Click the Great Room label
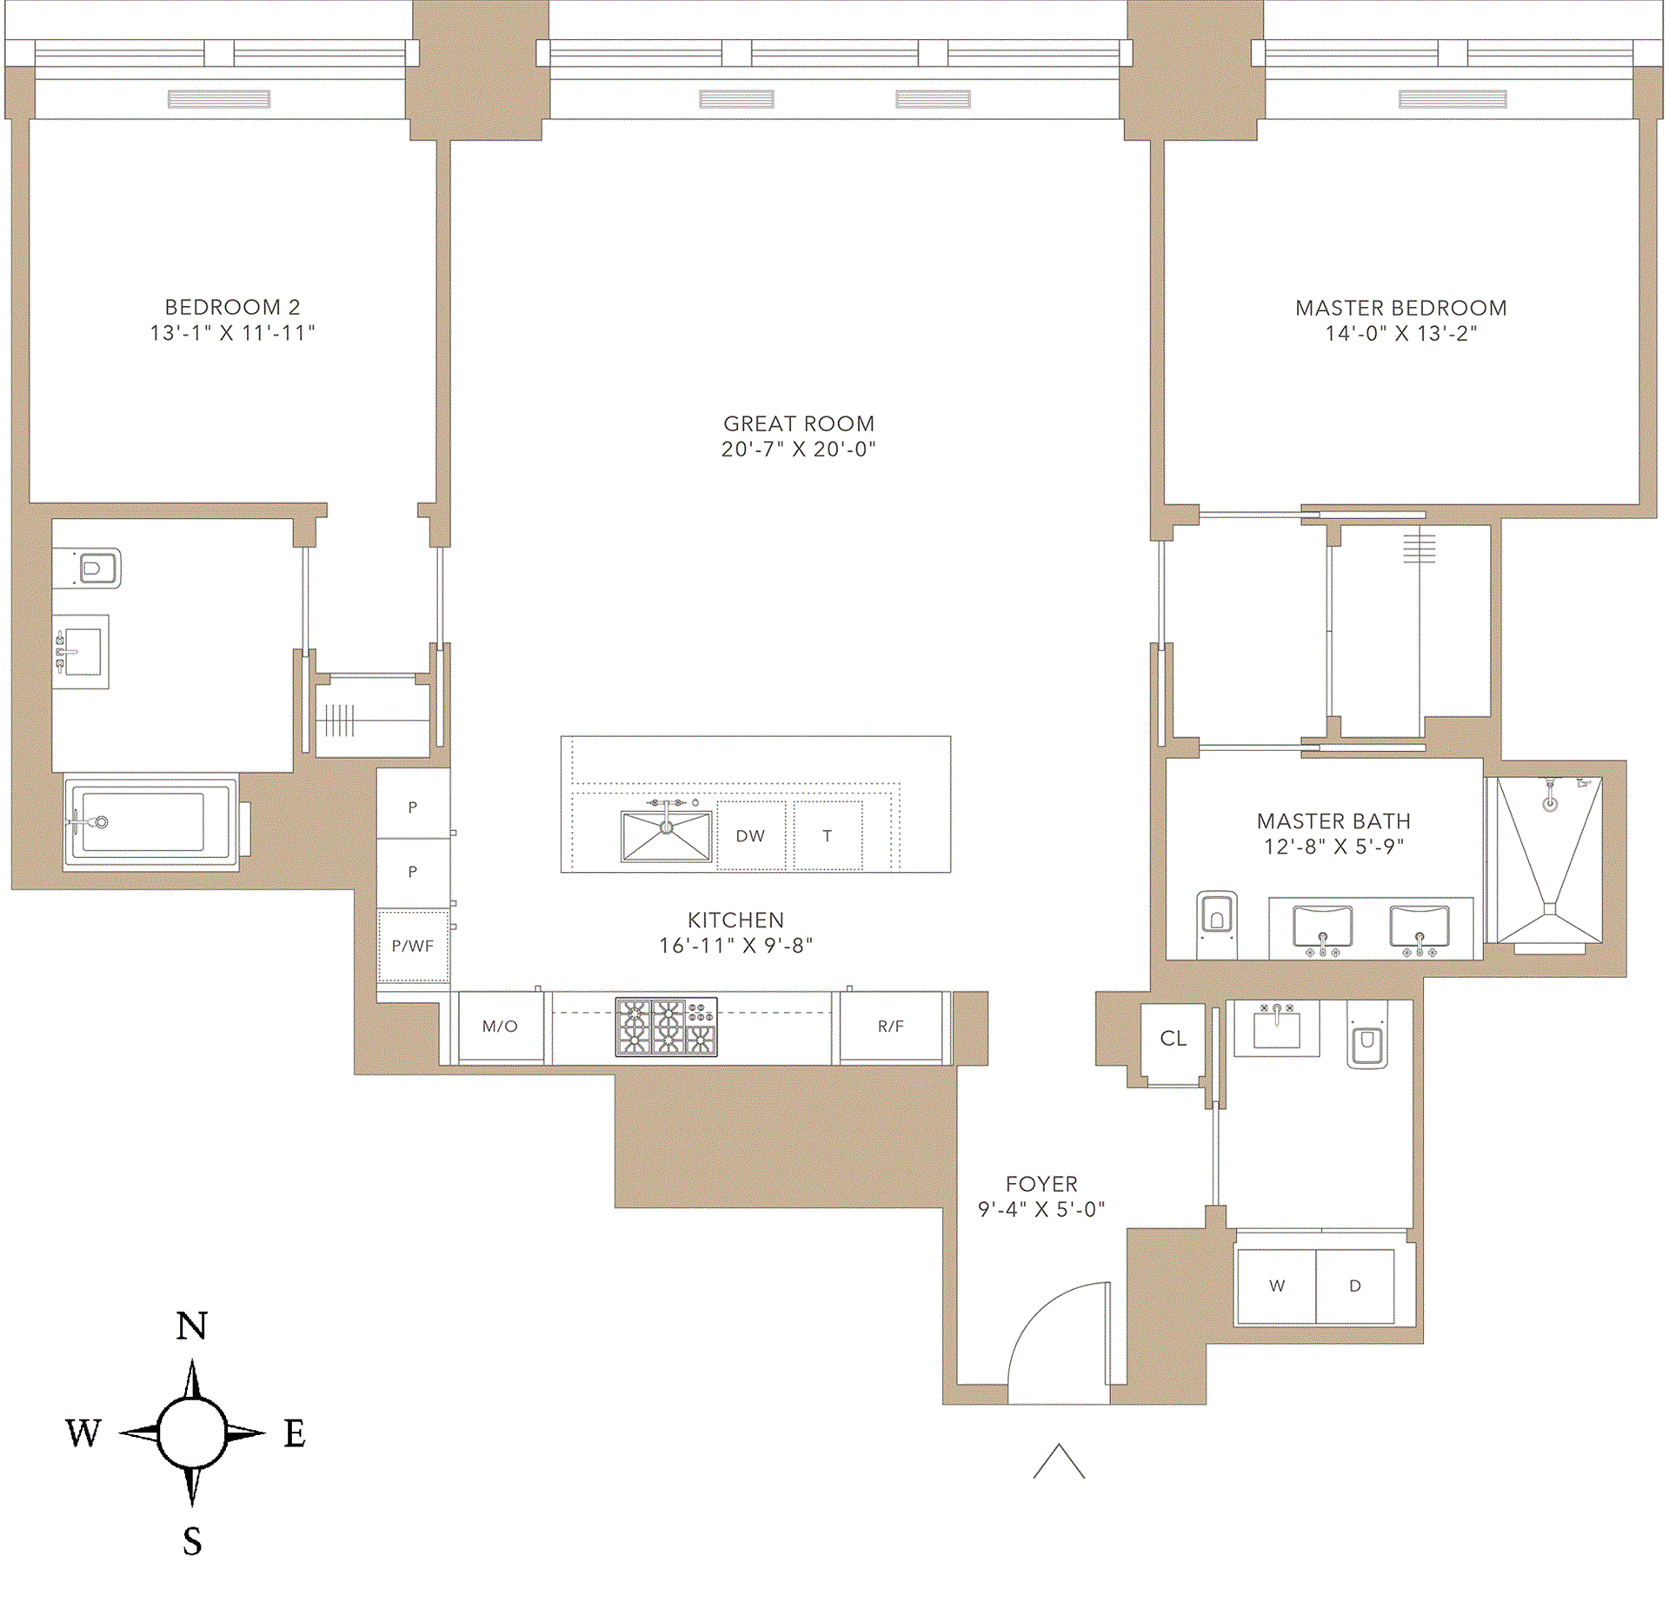pos(799,423)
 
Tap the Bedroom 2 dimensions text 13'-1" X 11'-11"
pos(232,333)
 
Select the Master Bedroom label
pos(1400,308)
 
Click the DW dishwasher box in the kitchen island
pos(751,835)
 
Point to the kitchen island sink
pos(666,835)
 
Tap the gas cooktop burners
pos(667,1027)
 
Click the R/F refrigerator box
pos(891,1027)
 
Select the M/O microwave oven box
pos(501,1027)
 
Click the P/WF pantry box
pos(413,946)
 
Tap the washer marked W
pos(1276,1286)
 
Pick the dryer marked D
pos(1355,1286)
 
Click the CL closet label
pos(1174,1039)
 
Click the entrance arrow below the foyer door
pos(1059,1460)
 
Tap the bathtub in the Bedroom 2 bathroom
pos(150,821)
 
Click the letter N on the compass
pos(192,1326)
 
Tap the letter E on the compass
pos(295,1433)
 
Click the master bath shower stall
pos(1549,861)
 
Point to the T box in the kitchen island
pos(828,835)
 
